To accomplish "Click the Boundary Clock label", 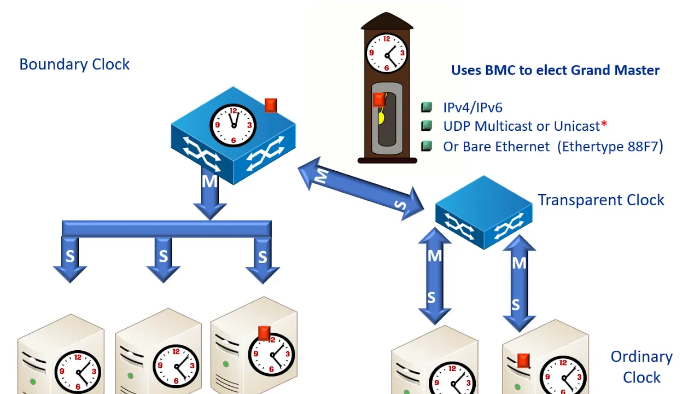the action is pyautogui.click(x=74, y=65).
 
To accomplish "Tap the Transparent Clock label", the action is pyautogui.click(x=601, y=200).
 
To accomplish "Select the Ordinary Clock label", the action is pyautogui.click(x=641, y=367).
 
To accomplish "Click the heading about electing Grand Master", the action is pyautogui.click(x=555, y=70).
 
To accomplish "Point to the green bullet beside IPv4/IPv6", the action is pyautogui.click(x=427, y=107).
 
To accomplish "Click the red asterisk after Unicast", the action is pyautogui.click(x=604, y=124).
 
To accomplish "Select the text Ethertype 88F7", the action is pyautogui.click(x=610, y=146).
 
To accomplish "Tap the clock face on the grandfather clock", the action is pyautogui.click(x=387, y=53).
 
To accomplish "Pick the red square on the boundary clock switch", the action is pyautogui.click(x=271, y=106).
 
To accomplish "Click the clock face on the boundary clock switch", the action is pyautogui.click(x=233, y=125).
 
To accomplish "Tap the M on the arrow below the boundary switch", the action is pyautogui.click(x=209, y=181).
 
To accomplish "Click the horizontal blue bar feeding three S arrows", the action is pyautogui.click(x=167, y=229).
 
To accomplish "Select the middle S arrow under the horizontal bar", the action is pyautogui.click(x=163, y=259).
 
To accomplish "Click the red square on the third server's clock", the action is pyautogui.click(x=264, y=333).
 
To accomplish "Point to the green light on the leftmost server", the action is pyautogui.click(x=32, y=381).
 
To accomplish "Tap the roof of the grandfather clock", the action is pyautogui.click(x=387, y=21).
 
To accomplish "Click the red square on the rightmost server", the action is pyautogui.click(x=523, y=361).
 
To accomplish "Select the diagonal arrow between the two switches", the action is pyautogui.click(x=361, y=189).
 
